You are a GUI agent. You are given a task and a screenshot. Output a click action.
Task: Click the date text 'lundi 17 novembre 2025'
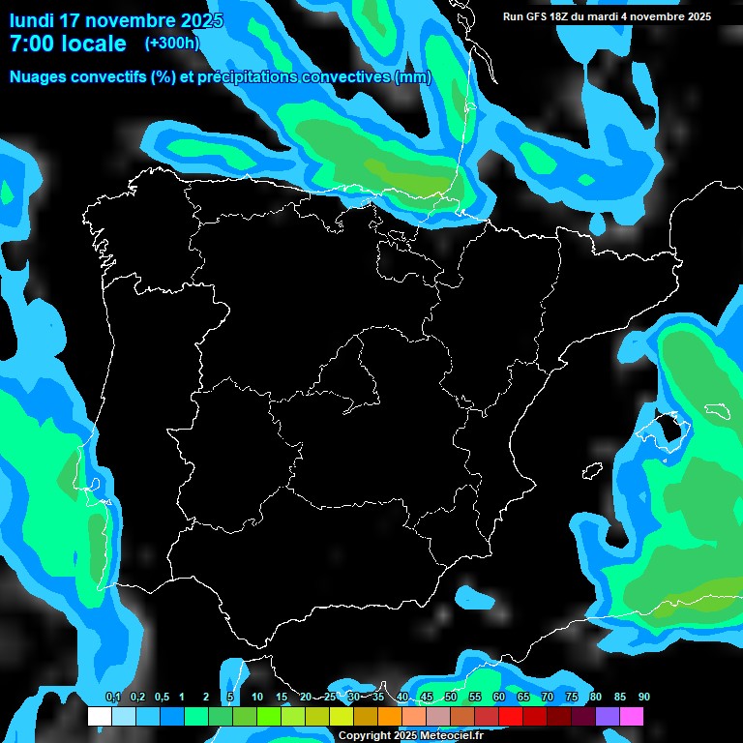[x=116, y=20]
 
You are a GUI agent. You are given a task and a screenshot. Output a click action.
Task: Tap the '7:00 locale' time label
[x=67, y=44]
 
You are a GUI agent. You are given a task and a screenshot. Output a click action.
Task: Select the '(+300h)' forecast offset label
[x=171, y=43]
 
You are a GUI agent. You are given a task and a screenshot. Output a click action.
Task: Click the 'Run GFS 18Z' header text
[x=542, y=16]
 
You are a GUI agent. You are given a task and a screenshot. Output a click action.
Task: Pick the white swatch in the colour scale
[x=99, y=716]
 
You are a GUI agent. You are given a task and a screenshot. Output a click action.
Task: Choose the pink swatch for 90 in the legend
[x=632, y=716]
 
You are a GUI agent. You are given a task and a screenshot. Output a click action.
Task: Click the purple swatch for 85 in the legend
[x=608, y=716]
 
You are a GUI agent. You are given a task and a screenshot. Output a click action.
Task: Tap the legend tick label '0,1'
[x=112, y=698]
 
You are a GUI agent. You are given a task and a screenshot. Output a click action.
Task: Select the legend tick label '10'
[x=256, y=698]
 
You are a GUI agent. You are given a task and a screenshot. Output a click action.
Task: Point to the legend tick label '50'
[x=451, y=698]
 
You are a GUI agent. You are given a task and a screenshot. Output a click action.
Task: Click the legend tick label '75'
[x=572, y=698]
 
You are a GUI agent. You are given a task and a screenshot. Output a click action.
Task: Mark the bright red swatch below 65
[x=511, y=716]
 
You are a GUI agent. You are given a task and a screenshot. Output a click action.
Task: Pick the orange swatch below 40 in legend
[x=390, y=716]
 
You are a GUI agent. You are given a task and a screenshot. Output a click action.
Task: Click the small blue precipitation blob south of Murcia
[x=476, y=598]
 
